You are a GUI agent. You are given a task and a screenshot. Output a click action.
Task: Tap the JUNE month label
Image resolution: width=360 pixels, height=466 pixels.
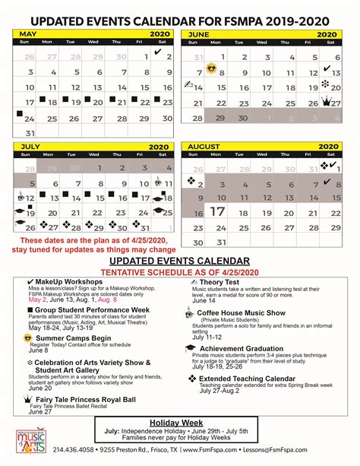[x=201, y=34]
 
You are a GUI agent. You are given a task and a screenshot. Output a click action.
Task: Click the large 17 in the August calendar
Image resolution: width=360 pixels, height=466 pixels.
[x=217, y=211]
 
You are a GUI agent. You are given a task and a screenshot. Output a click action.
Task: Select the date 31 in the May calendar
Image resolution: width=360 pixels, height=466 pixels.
[x=30, y=133]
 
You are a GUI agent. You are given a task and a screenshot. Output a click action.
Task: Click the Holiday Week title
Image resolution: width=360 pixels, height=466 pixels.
[x=179, y=423]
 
